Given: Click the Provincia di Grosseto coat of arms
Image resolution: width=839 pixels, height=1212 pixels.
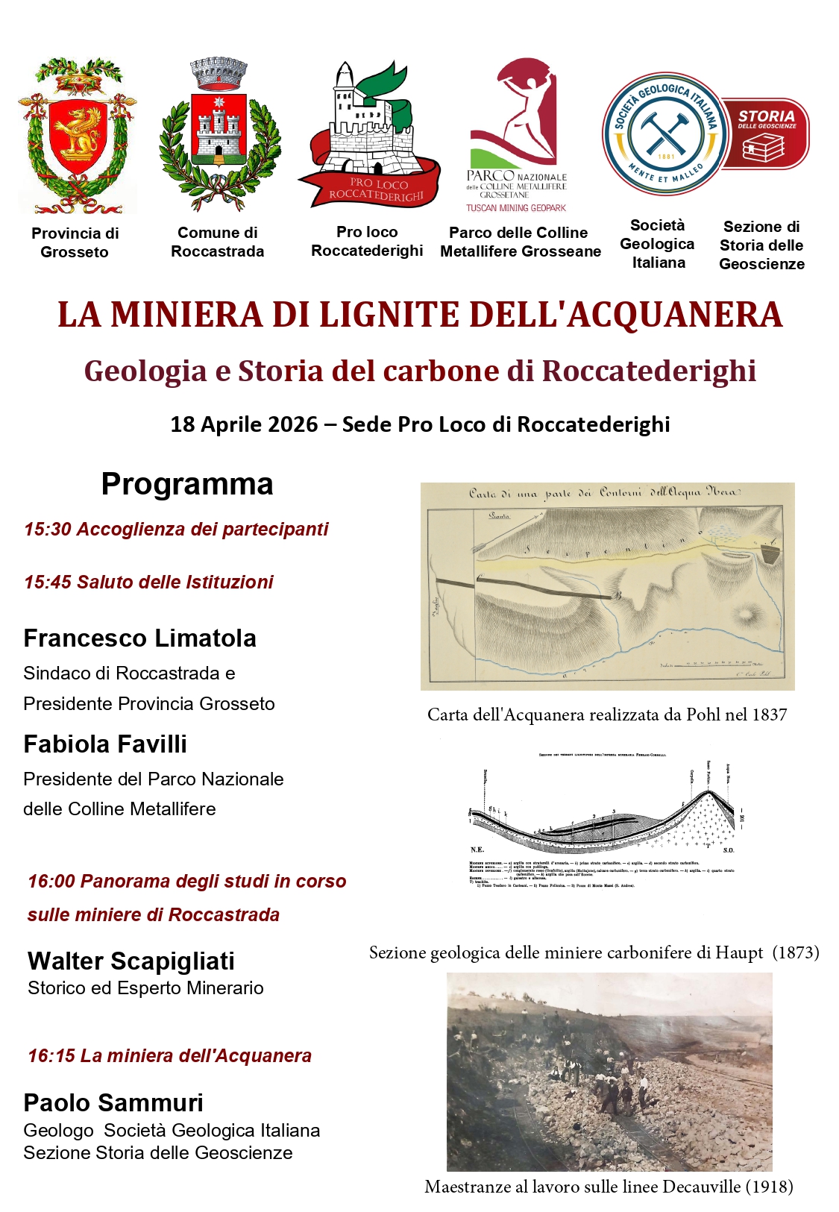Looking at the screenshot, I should click(77, 136).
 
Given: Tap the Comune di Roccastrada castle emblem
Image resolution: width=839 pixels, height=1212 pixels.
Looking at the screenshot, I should click(219, 134).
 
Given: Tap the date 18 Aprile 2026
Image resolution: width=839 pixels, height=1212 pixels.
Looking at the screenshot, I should click(244, 424).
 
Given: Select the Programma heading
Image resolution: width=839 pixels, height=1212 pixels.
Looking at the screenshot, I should click(187, 484).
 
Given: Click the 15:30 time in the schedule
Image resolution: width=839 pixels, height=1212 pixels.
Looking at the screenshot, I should click(47, 529).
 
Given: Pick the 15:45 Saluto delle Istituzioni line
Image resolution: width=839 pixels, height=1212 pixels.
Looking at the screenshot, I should click(148, 582).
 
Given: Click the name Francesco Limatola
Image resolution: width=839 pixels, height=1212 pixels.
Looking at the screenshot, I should click(139, 638).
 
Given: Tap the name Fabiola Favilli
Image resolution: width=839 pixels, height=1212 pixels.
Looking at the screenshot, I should click(105, 744).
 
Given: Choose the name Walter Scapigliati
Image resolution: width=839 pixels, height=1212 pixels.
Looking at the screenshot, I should click(131, 961).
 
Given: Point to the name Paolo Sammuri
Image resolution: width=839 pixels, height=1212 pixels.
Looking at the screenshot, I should click(113, 1102).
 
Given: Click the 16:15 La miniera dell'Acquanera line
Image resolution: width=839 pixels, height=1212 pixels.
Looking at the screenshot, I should click(169, 1055).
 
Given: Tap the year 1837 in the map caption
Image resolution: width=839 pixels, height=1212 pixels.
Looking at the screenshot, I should click(770, 715).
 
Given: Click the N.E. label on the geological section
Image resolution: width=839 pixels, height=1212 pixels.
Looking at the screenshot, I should click(477, 850).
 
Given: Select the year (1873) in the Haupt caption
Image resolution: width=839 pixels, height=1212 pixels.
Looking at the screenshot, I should click(796, 952).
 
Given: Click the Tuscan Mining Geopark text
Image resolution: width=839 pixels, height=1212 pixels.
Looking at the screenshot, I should click(516, 208).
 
